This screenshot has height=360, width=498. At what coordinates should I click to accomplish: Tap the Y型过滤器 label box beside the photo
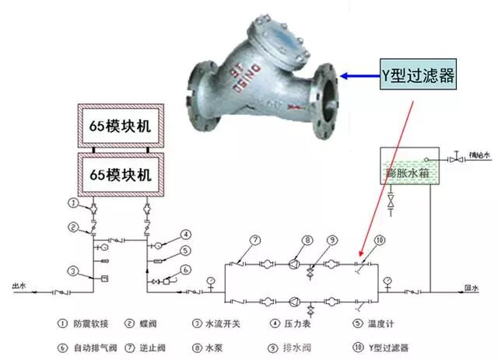pos(416,75)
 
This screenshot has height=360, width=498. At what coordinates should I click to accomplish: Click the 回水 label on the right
pos(470,288)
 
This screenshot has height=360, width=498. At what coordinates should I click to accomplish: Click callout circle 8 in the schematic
pos(307,240)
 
